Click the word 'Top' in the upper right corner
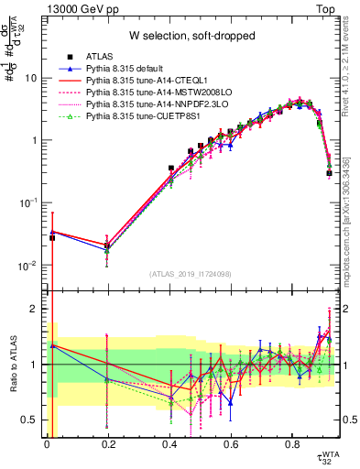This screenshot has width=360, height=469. [327, 8]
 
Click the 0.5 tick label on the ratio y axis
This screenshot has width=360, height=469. [30, 420]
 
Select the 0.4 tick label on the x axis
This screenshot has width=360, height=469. [169, 447]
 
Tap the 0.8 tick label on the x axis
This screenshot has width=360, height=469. [292, 447]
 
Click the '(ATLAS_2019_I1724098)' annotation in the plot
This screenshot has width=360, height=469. [191, 274]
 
